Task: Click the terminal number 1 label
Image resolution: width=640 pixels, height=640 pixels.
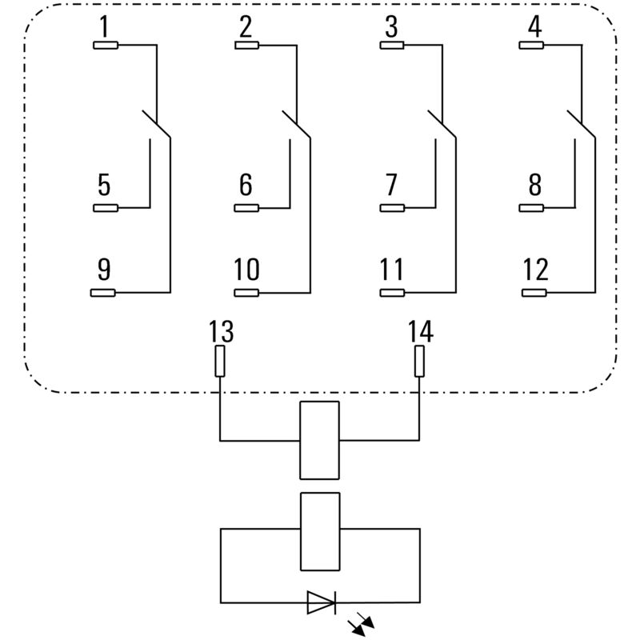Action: pos(103,27)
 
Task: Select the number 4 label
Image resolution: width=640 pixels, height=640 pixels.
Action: pos(534,27)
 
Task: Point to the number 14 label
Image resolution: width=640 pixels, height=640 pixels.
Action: pos(420,331)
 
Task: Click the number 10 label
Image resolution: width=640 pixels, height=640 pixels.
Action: pos(246,270)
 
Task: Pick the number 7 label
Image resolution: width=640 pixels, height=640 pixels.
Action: pos(390,185)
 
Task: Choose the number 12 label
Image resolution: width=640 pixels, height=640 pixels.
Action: pos(536,270)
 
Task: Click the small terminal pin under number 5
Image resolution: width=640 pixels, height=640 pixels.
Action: pos(106,208)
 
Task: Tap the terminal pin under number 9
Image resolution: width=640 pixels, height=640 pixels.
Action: pos(106,293)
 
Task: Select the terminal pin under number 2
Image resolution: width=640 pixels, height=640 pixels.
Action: pos(247,46)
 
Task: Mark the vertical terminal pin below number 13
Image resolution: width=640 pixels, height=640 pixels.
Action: pos(220,362)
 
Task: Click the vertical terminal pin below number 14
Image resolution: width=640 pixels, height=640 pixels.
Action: pos(419,362)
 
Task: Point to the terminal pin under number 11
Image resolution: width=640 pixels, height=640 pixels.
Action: pos(392,293)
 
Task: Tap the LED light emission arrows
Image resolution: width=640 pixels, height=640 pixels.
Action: pos(362,625)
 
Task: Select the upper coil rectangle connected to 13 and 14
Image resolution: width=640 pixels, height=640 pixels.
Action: pos(319,440)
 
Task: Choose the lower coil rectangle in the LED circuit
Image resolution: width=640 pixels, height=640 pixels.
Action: pos(319,531)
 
